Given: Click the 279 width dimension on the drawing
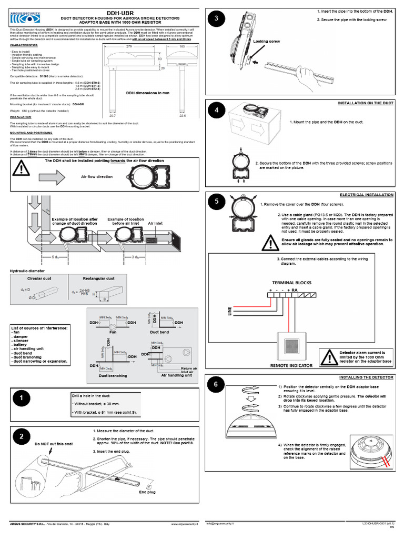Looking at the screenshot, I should [128, 47].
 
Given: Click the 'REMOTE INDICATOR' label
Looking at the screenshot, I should [290, 365].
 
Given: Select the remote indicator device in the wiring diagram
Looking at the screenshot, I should [291, 346].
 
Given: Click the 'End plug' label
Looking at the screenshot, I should [147, 492].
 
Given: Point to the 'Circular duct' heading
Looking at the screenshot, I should [38, 278].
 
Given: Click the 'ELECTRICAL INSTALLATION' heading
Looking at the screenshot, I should [367, 195].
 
